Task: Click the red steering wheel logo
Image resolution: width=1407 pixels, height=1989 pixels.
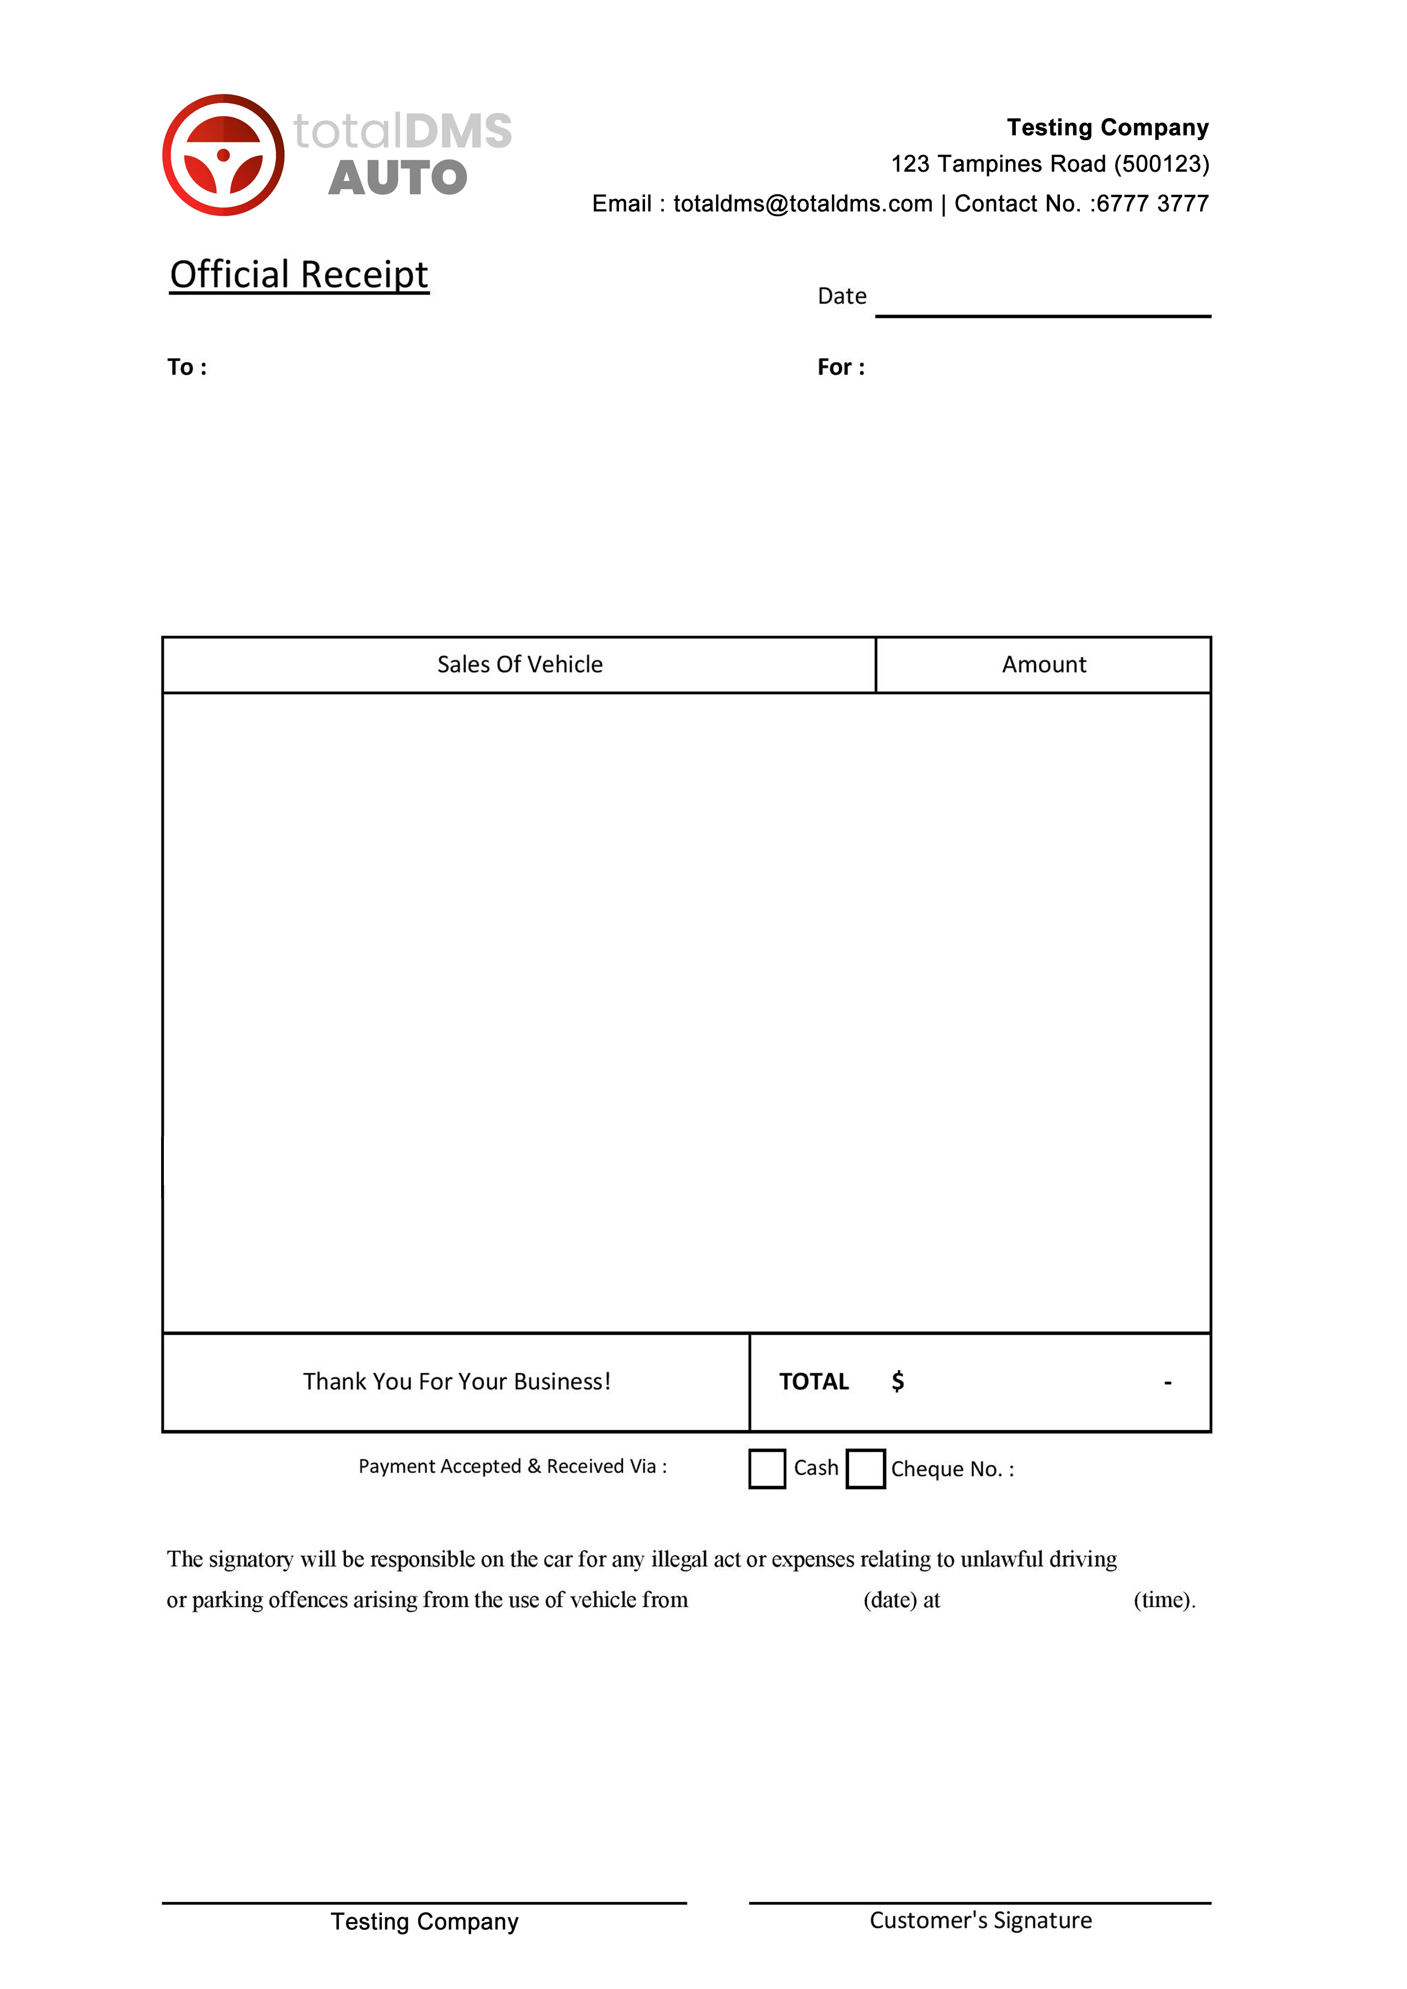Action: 223,155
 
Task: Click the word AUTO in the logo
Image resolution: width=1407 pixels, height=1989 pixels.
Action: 398,178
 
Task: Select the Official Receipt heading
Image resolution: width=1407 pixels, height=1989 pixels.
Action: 299,275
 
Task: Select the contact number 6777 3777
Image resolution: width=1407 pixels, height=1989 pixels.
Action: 1152,204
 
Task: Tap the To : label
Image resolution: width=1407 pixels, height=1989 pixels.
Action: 187,367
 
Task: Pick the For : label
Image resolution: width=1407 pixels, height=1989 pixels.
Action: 840,367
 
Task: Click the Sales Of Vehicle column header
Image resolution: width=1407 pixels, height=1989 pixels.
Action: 520,664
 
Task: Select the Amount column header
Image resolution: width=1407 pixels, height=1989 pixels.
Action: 1043,664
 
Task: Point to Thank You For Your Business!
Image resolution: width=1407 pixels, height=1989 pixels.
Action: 456,1381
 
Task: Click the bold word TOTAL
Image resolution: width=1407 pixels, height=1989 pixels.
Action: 813,1381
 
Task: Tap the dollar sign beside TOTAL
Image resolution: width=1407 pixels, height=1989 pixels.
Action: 898,1381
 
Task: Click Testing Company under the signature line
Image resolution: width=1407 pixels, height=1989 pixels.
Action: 424,1922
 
